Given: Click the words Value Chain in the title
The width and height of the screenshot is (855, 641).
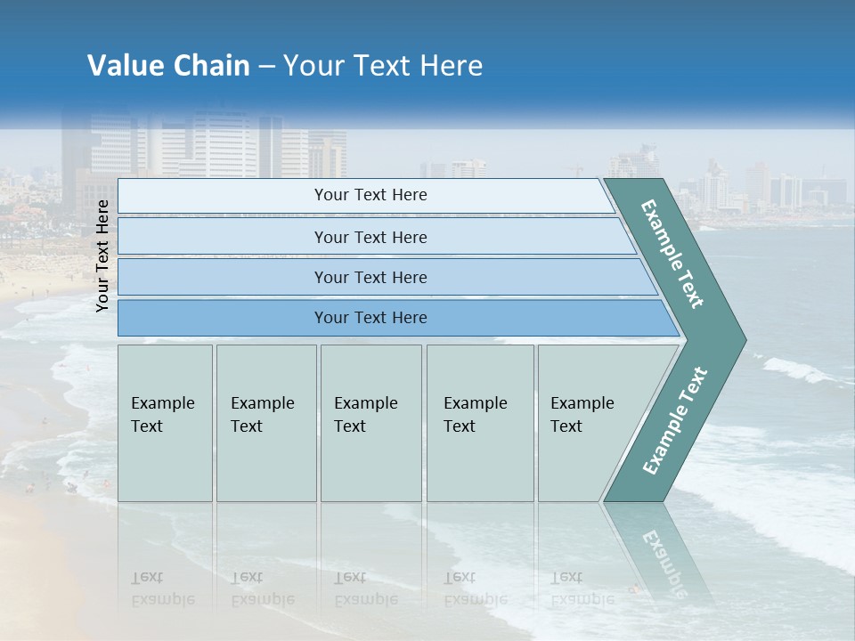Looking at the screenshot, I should pos(168,66).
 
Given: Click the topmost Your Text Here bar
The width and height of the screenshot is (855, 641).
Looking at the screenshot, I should pos(370,195).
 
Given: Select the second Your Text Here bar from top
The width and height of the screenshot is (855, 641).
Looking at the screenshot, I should pos(370,237).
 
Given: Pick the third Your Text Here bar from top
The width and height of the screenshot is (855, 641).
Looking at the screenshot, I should pos(370,277).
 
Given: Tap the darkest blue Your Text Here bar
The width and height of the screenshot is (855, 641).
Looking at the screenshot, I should pos(370,318).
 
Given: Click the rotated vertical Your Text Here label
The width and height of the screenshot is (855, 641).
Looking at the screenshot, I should pos(102,256).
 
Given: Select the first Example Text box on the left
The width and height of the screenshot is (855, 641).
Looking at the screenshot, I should pos(165,422).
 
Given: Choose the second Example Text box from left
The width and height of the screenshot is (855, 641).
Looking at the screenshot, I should pos(265,422).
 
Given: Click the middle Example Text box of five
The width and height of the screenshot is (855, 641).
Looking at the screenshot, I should pos(370,422).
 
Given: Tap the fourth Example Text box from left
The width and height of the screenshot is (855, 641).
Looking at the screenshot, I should pos(479,422).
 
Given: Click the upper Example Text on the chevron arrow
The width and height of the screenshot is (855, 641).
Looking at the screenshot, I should pos(673,255).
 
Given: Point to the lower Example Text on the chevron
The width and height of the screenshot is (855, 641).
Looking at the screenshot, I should pos(675,420).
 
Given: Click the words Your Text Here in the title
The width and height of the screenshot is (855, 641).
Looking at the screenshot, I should pos(383,66).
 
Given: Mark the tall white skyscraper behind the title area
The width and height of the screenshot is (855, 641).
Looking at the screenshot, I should pos(224,142).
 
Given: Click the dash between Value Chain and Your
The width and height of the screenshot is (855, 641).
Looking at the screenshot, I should pos(266,67).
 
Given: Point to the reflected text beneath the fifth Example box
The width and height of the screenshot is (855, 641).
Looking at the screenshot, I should pos(582,588).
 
